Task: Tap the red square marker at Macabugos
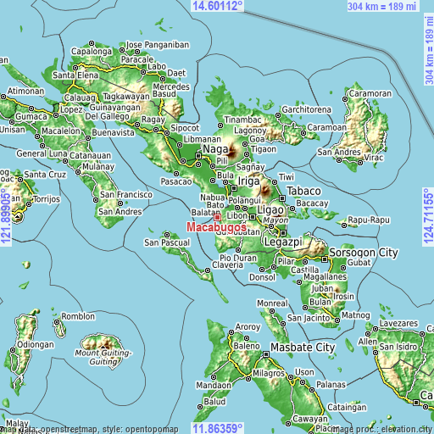217,217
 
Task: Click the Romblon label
78,316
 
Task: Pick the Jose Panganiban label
157,44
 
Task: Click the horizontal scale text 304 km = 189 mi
382,6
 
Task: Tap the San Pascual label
167,243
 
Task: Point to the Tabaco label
303,191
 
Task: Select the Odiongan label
36,344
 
